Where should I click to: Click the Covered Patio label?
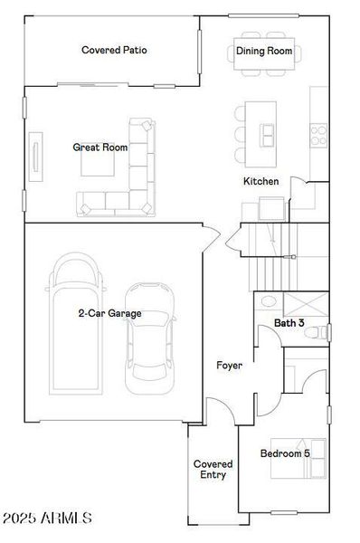(114, 50)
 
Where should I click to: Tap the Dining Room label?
(264, 52)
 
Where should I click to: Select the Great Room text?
(99, 147)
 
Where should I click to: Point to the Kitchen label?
(261, 181)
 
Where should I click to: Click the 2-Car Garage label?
(109, 313)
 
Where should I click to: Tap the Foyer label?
(229, 366)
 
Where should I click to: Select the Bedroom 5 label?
(285, 452)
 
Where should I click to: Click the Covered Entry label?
(213, 469)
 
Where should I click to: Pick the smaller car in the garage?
(149, 337)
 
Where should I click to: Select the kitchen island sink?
(268, 135)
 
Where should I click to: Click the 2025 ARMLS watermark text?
(46, 519)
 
